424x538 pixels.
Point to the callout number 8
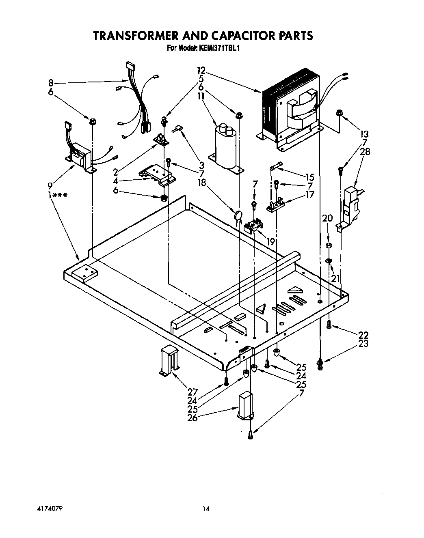pyautogui.click(x=50, y=84)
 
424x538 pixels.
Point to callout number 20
pyautogui.click(x=327, y=218)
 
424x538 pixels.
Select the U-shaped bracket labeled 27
pyautogui.click(x=169, y=360)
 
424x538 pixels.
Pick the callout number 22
pyautogui.click(x=363, y=335)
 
